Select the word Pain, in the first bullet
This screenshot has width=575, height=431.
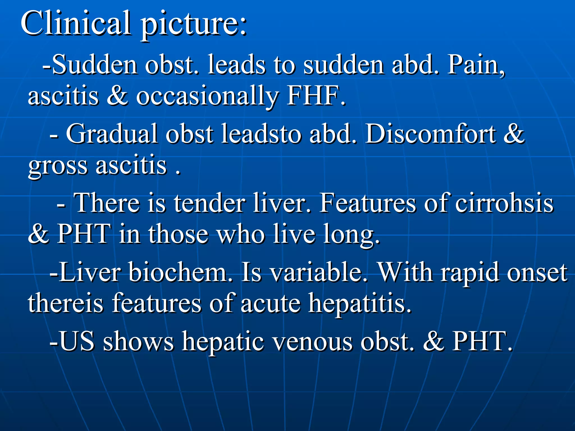pyautogui.click(x=476, y=65)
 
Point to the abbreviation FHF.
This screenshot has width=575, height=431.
pyautogui.click(x=316, y=96)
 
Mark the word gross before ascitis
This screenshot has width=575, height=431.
pyautogui.click(x=58, y=166)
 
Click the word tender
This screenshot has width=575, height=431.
pyautogui.click(x=209, y=203)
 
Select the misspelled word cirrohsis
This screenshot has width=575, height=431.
pyautogui.click(x=504, y=203)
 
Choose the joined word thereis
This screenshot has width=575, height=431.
pyautogui.click(x=66, y=303)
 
